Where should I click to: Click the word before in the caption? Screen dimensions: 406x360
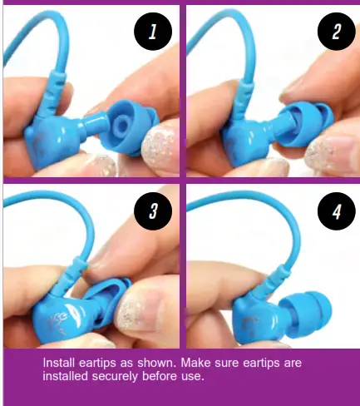pos(165,376)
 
